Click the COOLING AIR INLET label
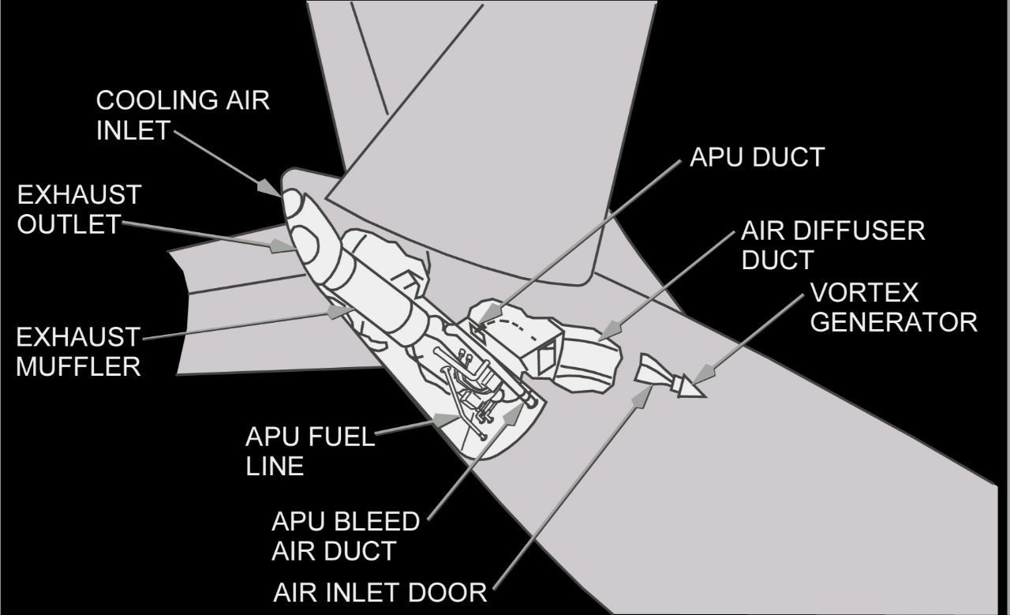tap(182, 115)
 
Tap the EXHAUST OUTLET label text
tap(79, 209)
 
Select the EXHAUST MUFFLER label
tap(78, 351)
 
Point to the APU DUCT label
tap(757, 157)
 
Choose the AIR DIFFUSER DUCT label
tap(832, 245)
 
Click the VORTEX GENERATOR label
tap(894, 308)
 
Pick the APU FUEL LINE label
tap(310, 452)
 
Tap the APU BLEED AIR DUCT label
tap(346, 536)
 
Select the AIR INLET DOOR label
tap(380, 592)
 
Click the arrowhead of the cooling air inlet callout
tap(271, 188)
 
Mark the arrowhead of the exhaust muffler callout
tap(340, 310)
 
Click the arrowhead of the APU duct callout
tap(488, 314)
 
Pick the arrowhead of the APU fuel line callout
tap(447, 420)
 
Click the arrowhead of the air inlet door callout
tap(642, 396)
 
